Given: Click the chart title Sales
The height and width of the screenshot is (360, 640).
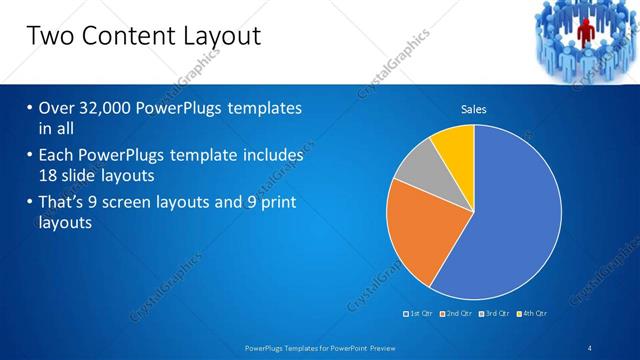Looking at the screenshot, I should point(473,109).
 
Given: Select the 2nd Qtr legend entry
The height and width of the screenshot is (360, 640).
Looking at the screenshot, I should point(456,314).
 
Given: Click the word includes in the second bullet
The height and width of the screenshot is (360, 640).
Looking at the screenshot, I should point(269,156).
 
